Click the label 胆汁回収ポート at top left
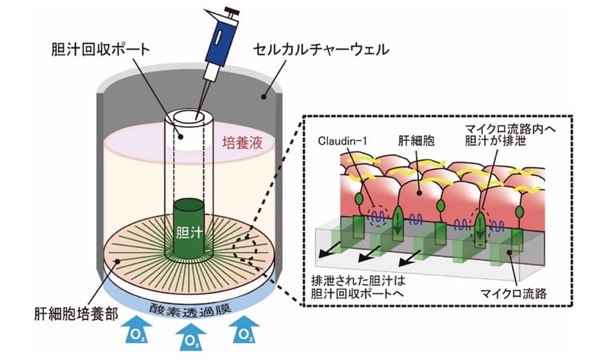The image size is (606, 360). pyautogui.click(x=100, y=50)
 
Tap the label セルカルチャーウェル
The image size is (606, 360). pyautogui.click(x=321, y=50)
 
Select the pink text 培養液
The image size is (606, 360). pyautogui.click(x=242, y=143)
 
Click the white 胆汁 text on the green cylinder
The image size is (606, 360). pyautogui.click(x=189, y=232)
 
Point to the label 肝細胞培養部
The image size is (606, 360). pyautogui.click(x=76, y=314)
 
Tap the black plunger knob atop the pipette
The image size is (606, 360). pyautogui.click(x=232, y=10)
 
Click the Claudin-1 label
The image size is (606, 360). pyautogui.click(x=342, y=141)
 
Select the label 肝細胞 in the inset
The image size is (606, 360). pyautogui.click(x=416, y=141)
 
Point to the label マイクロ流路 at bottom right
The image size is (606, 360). pyautogui.click(x=513, y=293)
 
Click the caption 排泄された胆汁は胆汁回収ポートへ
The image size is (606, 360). pyautogui.click(x=357, y=286)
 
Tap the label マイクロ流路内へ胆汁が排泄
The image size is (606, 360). pyautogui.click(x=510, y=135)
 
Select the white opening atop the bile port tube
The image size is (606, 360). pyautogui.click(x=189, y=117)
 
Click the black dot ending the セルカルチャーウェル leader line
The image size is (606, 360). pyautogui.click(x=264, y=96)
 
